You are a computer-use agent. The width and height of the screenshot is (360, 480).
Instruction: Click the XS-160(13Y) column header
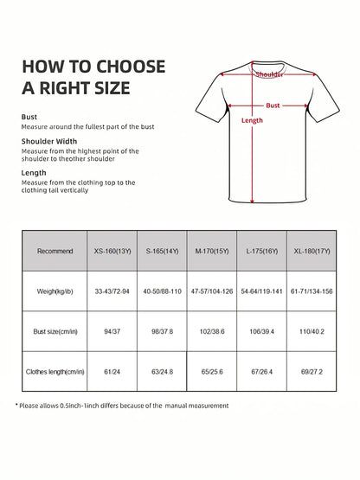coord(112,251)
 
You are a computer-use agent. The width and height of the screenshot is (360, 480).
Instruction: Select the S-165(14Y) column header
coord(163,251)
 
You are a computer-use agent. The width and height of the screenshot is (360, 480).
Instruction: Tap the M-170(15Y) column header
coord(212,251)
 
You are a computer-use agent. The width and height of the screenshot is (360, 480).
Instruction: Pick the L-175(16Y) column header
coord(260,251)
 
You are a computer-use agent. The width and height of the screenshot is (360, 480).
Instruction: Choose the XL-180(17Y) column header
coord(311,251)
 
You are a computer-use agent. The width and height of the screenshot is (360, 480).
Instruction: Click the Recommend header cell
coord(55,251)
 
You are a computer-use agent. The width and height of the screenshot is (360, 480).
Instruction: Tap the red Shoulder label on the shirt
coord(269,75)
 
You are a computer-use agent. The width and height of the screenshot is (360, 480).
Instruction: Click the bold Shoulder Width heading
coord(49,141)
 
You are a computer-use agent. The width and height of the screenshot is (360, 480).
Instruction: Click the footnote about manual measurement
coord(123,406)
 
